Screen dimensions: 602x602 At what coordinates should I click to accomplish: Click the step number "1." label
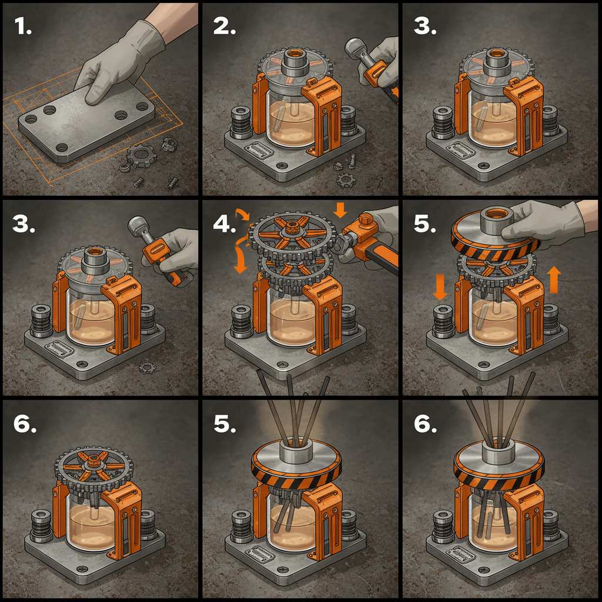(23, 27)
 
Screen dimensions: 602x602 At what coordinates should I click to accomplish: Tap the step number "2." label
(225, 27)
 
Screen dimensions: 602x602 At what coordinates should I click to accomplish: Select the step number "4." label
(225, 224)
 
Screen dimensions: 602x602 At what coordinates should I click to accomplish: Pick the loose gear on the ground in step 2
(346, 180)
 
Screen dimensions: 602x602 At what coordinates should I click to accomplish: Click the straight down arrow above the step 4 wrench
(340, 210)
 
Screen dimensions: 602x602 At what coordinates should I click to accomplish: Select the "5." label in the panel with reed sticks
(225, 424)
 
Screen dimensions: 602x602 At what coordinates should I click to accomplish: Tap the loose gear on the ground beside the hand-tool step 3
(148, 368)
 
